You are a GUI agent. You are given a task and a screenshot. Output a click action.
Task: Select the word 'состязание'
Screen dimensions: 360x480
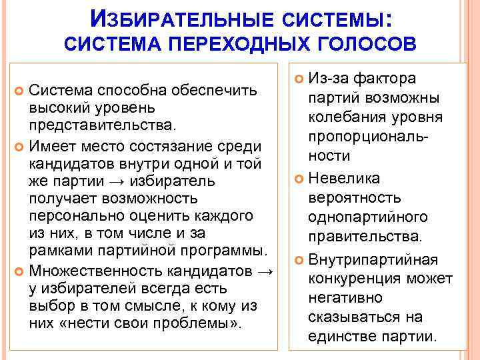point(178,145)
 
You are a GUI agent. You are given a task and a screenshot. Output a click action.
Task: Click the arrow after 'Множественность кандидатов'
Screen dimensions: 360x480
point(265,271)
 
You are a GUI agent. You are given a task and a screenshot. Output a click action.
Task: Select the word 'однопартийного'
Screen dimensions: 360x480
point(367,217)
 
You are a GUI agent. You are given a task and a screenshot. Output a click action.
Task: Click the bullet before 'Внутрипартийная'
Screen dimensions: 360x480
point(297,258)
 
